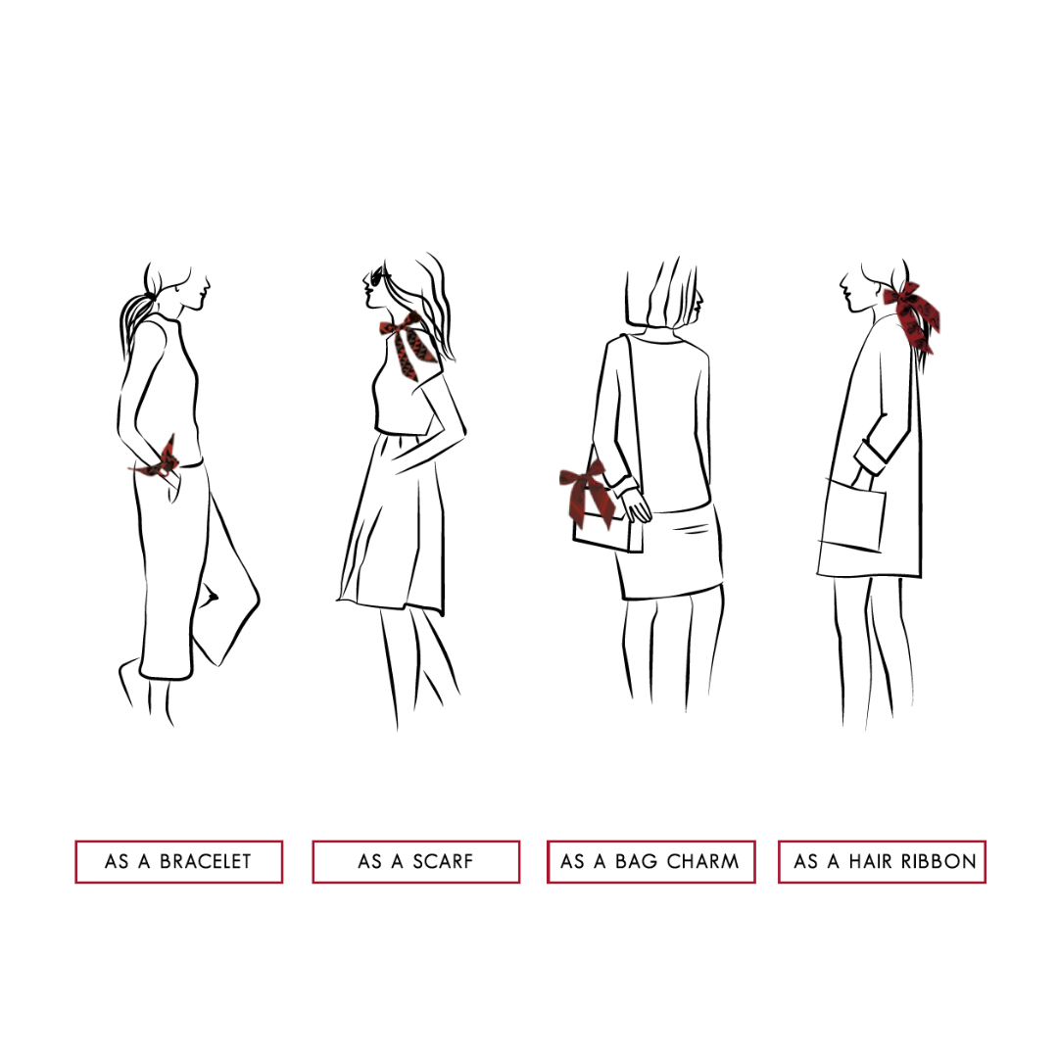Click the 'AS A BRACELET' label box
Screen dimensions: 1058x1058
click(179, 862)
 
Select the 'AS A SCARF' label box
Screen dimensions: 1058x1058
click(415, 862)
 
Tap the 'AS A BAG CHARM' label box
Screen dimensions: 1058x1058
click(650, 862)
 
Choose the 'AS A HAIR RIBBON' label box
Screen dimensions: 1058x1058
click(882, 862)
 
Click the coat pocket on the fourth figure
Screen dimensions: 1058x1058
click(853, 514)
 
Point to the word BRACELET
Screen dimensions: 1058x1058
click(205, 862)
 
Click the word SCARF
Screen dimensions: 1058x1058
click(443, 862)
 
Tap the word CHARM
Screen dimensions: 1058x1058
click(702, 862)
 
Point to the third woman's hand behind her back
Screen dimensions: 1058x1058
click(636, 505)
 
